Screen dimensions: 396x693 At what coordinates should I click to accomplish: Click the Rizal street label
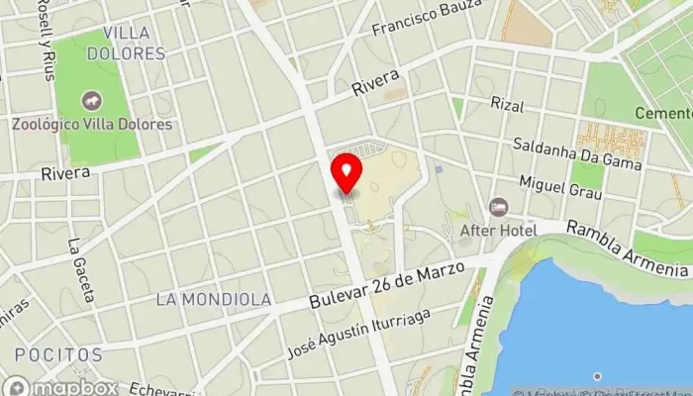coord(506,103)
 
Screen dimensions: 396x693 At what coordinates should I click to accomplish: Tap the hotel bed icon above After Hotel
coord(498,207)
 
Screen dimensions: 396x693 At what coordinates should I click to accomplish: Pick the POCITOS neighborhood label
coord(58,354)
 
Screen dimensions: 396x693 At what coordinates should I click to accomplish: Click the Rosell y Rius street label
coord(46,42)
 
